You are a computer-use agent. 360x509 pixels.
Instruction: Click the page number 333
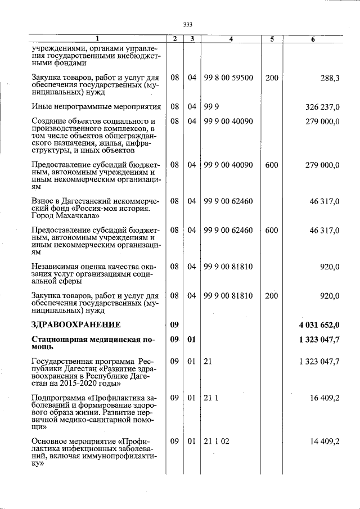pyautogui.click(x=188, y=25)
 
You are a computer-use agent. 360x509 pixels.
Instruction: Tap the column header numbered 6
pyautogui.click(x=313, y=39)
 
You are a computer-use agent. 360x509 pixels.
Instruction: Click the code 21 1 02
pyautogui.click(x=217, y=442)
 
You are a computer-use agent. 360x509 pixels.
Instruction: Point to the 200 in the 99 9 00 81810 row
pyautogui.click(x=272, y=295)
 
